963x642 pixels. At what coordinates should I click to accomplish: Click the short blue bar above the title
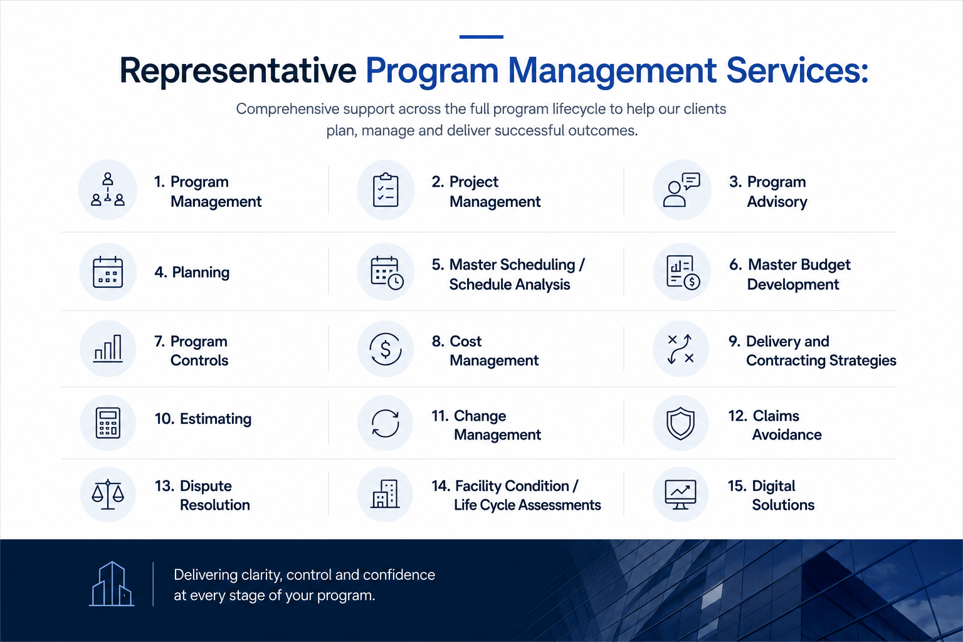coord(481,37)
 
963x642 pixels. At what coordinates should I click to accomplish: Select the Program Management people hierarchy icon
coord(107,189)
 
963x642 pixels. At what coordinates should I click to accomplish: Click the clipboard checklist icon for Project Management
coord(386,190)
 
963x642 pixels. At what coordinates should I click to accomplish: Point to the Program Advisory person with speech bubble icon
coord(681,189)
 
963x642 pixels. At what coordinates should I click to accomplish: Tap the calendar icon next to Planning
coord(107,271)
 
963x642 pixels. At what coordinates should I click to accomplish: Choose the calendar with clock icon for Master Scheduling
coord(387,273)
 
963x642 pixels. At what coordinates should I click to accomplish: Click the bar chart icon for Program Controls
coord(108,349)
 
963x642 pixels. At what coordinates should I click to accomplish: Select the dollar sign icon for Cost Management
coord(386,349)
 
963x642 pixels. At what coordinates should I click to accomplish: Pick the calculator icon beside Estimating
coord(108,423)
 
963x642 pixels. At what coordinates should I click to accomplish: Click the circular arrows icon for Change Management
coord(385,423)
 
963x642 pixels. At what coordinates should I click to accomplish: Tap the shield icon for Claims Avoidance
coord(680,423)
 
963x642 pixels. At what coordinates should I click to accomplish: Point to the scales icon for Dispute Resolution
coord(107,495)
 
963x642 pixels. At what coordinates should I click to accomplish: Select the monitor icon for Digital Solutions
coord(680,495)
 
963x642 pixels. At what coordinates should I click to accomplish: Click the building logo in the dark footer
coord(112,584)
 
